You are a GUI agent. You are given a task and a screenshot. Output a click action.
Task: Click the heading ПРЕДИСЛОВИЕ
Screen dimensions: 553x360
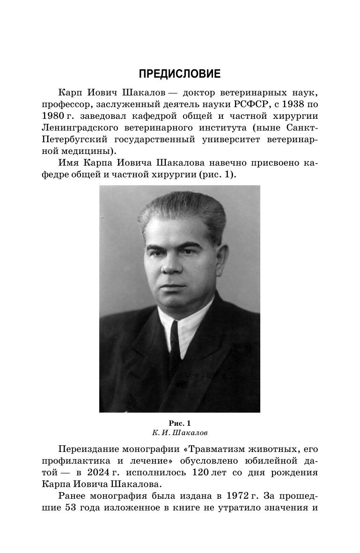(x=180, y=74)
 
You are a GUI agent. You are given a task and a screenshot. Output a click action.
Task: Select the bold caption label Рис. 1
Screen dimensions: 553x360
(x=179, y=423)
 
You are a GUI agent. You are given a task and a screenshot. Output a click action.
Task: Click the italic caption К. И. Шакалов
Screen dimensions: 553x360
(x=179, y=433)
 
